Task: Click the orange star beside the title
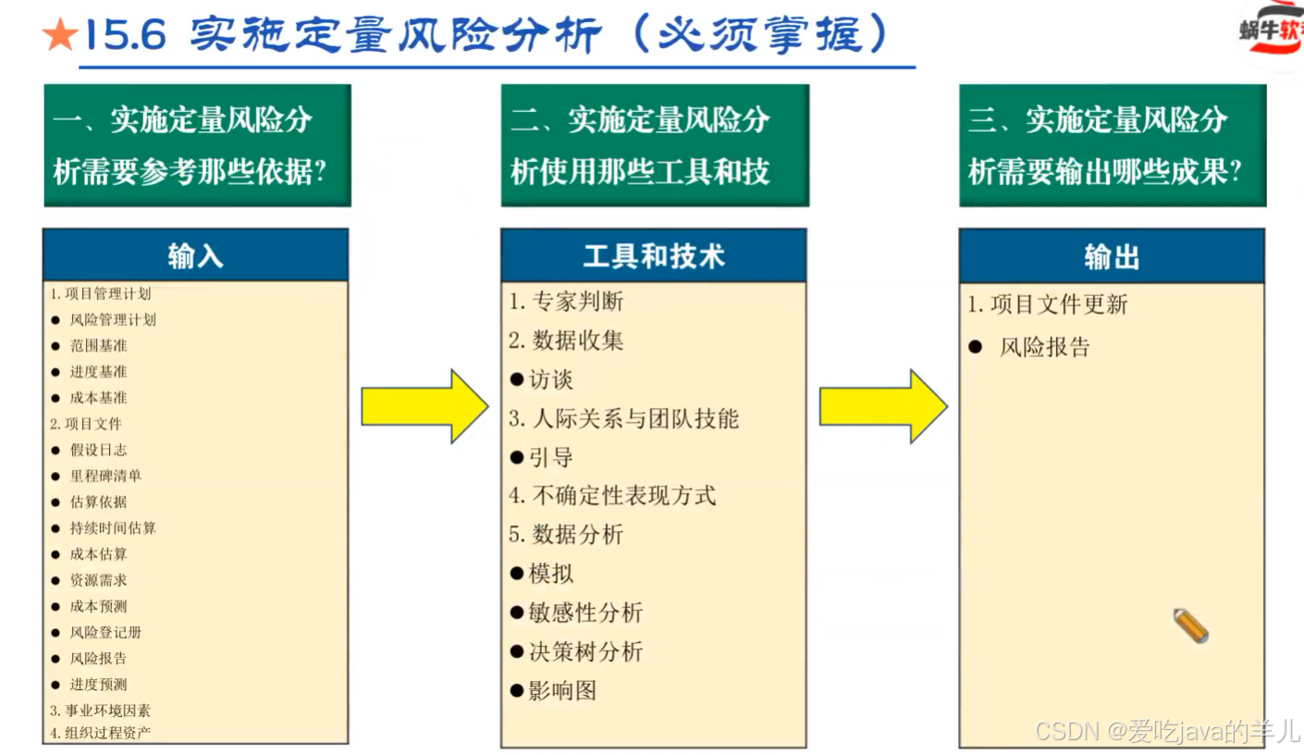[x=60, y=36]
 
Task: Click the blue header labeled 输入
[x=195, y=256]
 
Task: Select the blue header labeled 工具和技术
[x=653, y=256]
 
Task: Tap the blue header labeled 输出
[x=1111, y=256]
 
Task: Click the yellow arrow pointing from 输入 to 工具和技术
[x=424, y=406]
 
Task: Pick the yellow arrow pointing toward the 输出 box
[x=882, y=406]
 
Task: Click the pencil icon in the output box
[x=1190, y=626]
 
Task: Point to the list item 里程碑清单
[x=105, y=476]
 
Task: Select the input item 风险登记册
[x=105, y=632]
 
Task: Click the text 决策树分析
[x=585, y=651]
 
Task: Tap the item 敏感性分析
[x=585, y=613]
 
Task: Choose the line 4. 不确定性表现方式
[x=612, y=496]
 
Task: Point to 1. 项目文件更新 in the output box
[x=1048, y=304]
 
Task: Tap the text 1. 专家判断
[x=566, y=302]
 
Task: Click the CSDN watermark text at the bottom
[x=1168, y=732]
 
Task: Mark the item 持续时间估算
[x=113, y=527]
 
